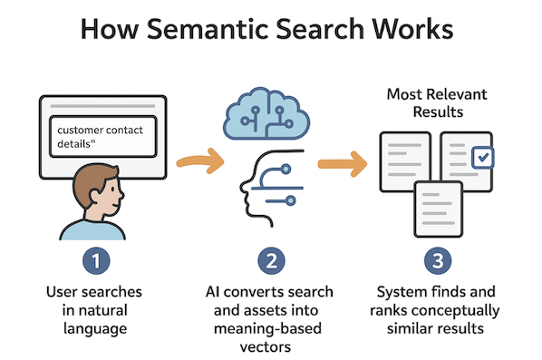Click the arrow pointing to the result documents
(x=342, y=163)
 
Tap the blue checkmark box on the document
(x=483, y=157)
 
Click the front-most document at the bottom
(x=440, y=206)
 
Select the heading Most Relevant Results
(x=437, y=103)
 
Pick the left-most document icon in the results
(x=402, y=163)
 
